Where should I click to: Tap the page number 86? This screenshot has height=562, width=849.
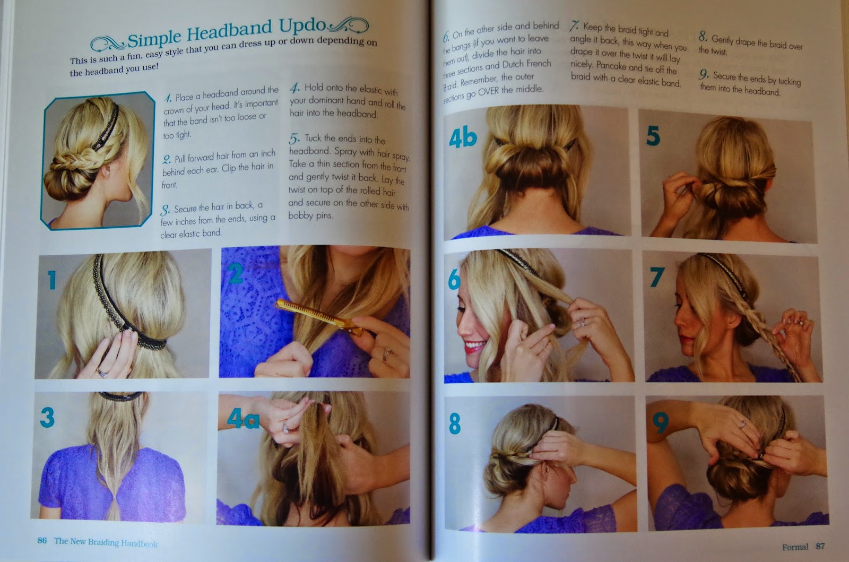pos(42,540)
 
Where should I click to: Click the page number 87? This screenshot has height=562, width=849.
pos(820,546)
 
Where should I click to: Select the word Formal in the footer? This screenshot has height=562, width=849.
pos(795,547)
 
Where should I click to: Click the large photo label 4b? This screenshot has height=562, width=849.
pos(463,138)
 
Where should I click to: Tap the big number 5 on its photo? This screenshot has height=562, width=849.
pos(653,136)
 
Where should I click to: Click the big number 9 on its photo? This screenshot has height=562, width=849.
pos(660,422)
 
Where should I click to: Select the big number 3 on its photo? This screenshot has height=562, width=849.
pos(47,417)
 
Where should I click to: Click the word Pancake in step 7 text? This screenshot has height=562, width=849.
pos(611,66)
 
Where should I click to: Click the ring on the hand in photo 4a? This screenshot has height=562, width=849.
pos(285,428)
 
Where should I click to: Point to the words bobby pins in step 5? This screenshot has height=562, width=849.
pos(310,215)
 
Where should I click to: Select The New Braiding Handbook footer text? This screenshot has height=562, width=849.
pos(106,542)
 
